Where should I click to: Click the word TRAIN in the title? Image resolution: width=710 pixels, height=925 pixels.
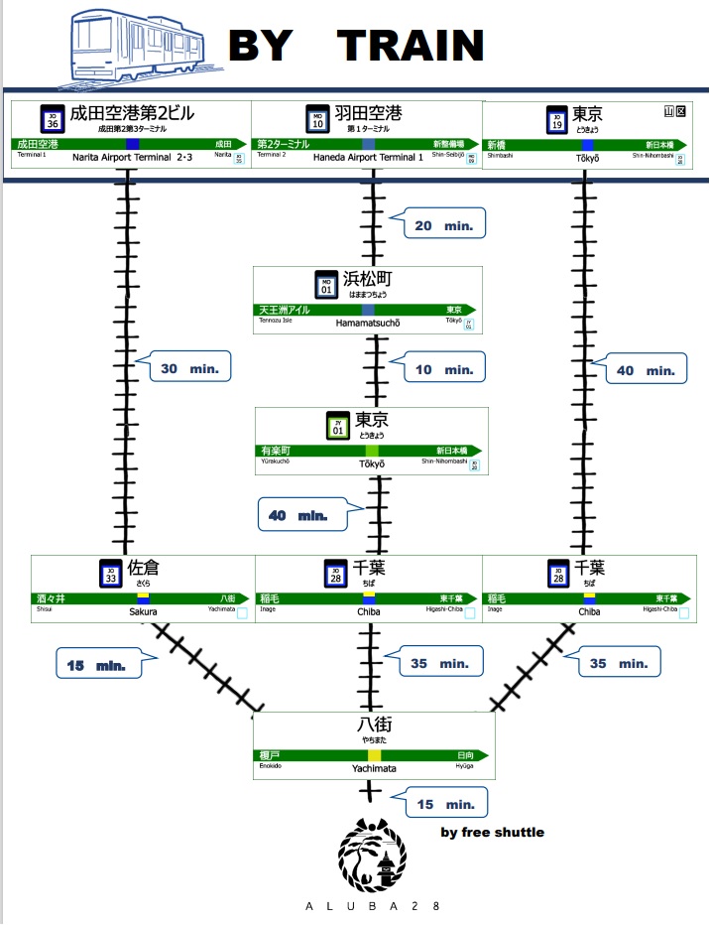[x=411, y=46]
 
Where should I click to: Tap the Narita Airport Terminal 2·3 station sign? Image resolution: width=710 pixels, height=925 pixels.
[x=130, y=134]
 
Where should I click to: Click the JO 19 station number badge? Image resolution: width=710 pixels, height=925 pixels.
[x=556, y=120]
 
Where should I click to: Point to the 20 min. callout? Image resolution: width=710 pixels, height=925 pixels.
[x=443, y=225]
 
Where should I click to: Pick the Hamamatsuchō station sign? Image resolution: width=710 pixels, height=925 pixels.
[x=367, y=300]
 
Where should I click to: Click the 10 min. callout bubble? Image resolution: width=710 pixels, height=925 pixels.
[x=443, y=369]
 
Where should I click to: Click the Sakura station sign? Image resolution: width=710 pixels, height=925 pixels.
[x=143, y=590]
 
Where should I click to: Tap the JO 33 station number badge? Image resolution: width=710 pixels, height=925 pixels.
[x=111, y=574]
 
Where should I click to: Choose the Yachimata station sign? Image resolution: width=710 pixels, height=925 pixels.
[x=373, y=746]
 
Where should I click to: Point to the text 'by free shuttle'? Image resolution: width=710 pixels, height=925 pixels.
[x=492, y=832]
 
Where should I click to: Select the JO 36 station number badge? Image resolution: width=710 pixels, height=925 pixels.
[x=52, y=118]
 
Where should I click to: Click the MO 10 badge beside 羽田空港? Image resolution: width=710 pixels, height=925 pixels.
[x=317, y=118]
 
